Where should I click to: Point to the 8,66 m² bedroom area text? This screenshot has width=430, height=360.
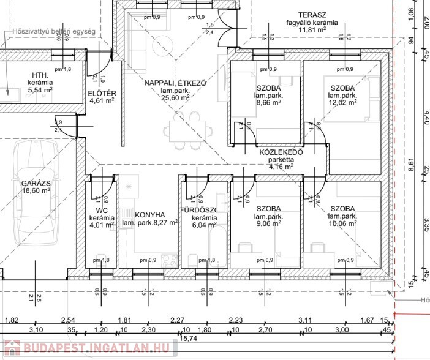[x=269, y=103]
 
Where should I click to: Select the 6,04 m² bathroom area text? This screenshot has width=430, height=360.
[x=200, y=225]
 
